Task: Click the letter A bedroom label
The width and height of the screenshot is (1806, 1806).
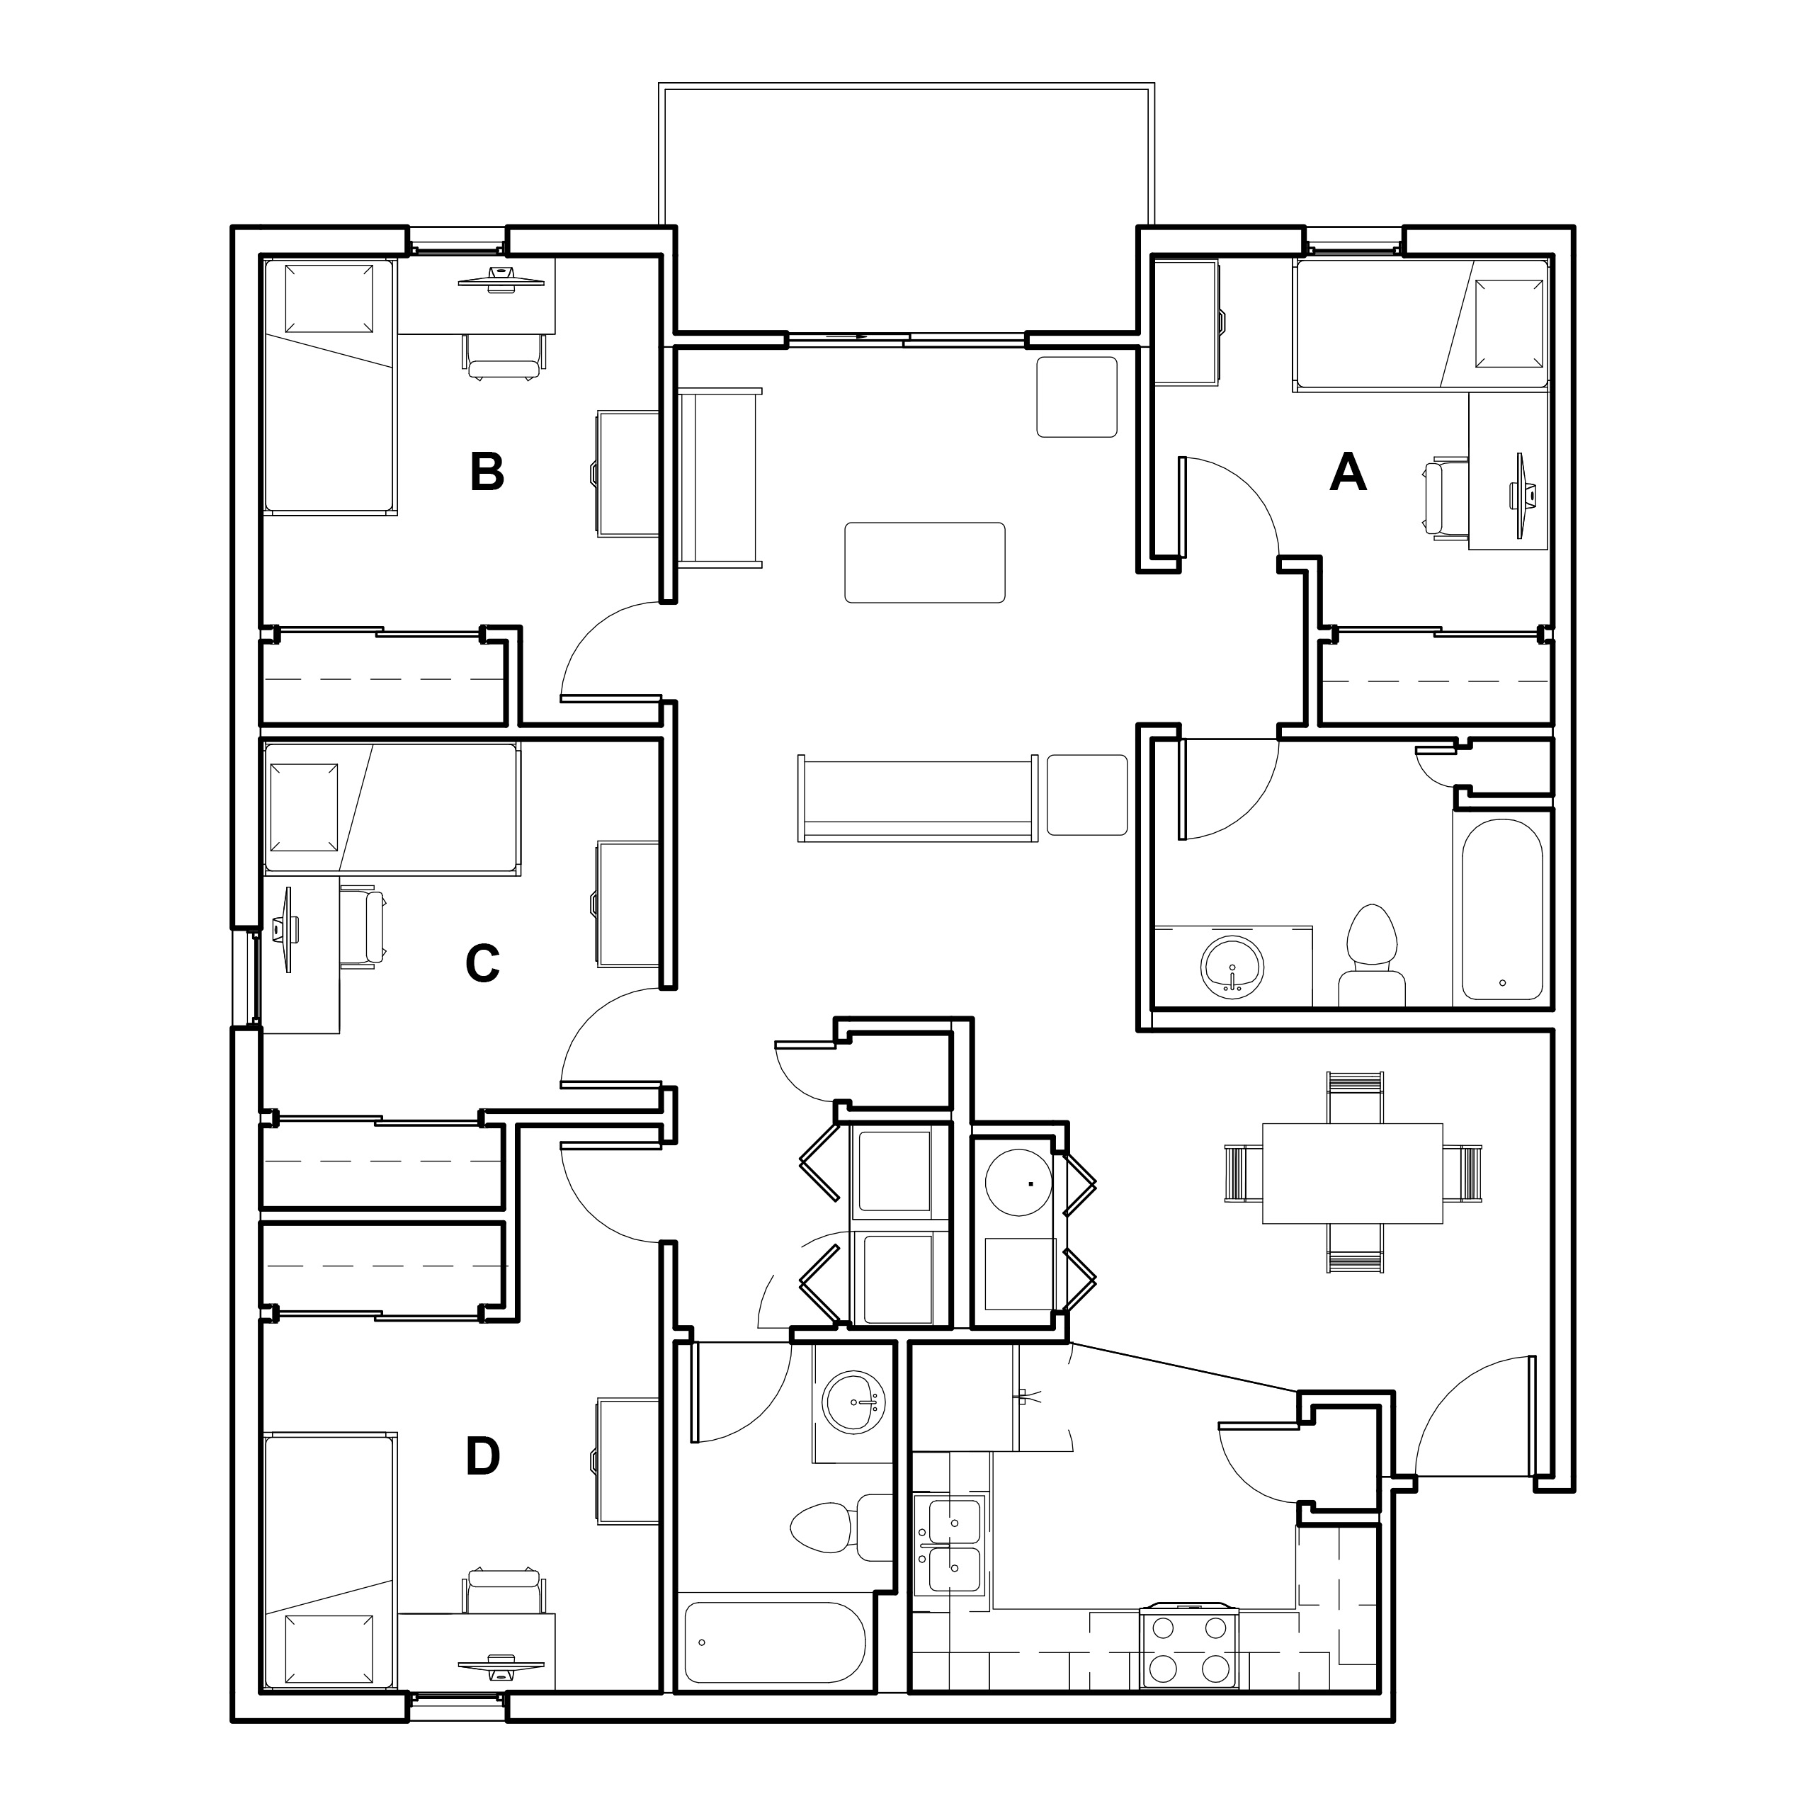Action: [x=1347, y=472]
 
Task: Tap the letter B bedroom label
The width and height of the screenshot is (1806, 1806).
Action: [x=487, y=472]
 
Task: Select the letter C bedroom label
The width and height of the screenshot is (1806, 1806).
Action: [x=482, y=964]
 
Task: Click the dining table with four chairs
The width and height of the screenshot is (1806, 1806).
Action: [x=1353, y=1172]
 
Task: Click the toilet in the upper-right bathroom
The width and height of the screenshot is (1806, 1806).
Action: [x=1371, y=955]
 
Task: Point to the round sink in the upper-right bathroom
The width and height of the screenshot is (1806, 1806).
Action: [x=1233, y=965]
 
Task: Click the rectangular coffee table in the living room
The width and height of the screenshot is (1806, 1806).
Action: [x=924, y=562]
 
